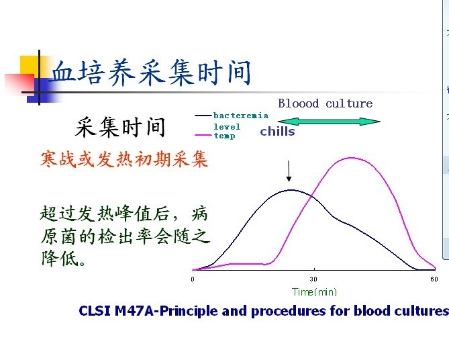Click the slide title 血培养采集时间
pos(150,73)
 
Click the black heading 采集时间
pos(120,126)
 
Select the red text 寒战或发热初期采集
pos(124,160)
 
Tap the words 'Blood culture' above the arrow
pos(325,103)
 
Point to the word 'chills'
pos(277,132)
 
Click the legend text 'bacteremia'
pos(240,116)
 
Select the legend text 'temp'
pos(224,136)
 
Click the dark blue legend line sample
pos(203,116)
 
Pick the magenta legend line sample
pos(203,136)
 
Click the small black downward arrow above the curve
pos(289,171)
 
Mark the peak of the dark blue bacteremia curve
pos(290,190)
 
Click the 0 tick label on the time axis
pos(193,279)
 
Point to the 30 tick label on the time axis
pos(313,279)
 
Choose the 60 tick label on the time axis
pos(434,279)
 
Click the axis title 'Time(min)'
pos(314,291)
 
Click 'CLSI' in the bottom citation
pos(94,311)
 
